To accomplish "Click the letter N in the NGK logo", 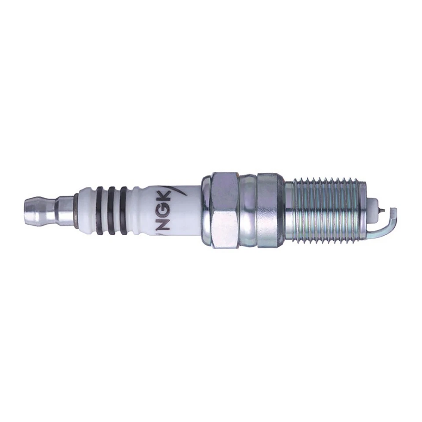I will [x=164, y=223].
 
